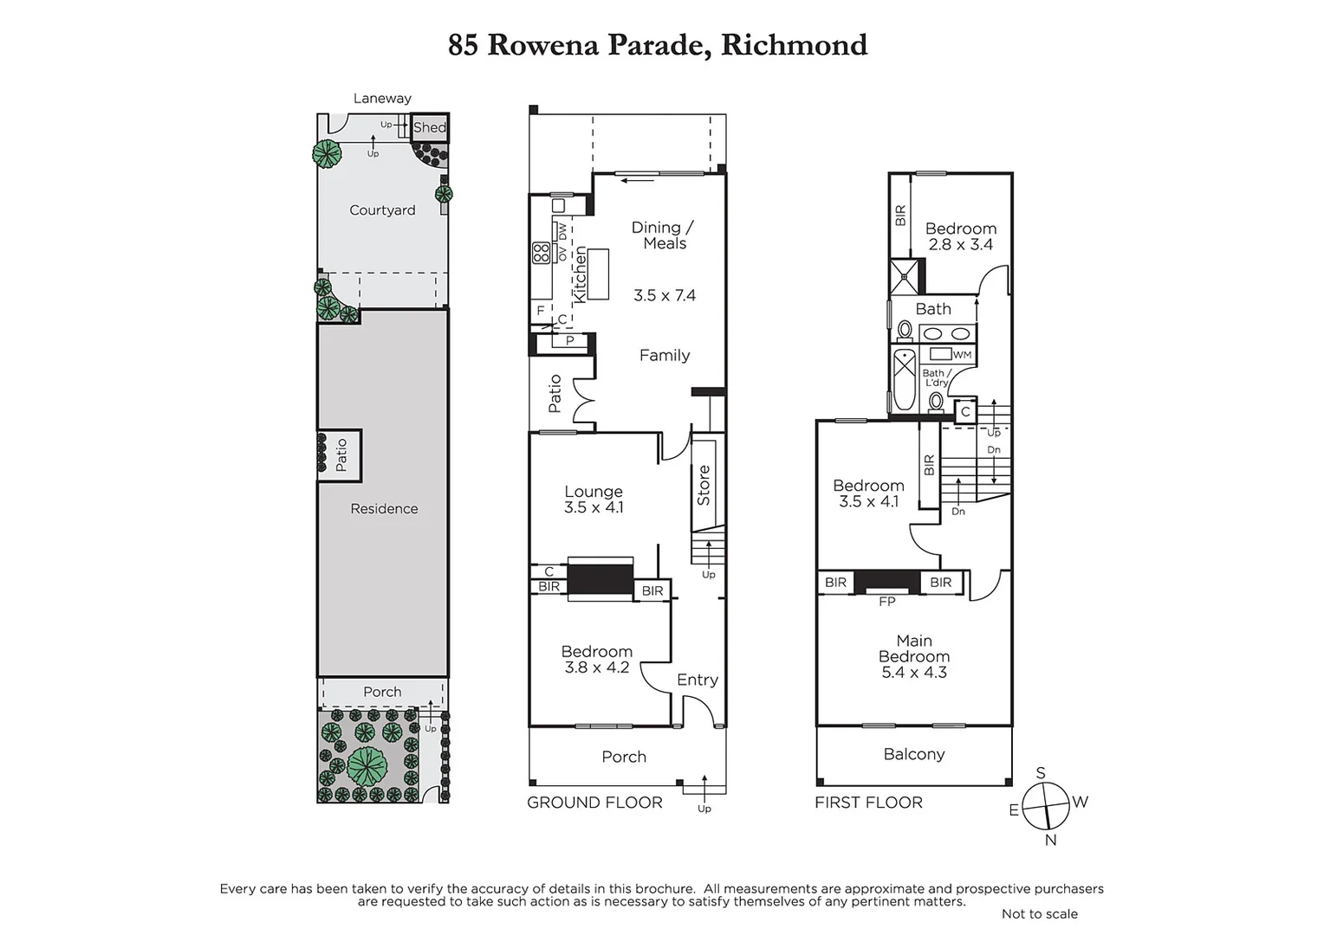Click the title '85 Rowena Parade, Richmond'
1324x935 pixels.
coord(657,45)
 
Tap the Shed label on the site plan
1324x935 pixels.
coord(429,128)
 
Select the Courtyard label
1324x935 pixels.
coord(382,210)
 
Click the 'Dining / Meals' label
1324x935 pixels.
coord(663,235)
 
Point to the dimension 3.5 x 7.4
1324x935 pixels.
coord(665,295)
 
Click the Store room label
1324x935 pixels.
coord(704,485)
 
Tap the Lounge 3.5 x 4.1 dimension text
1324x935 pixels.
coord(594,508)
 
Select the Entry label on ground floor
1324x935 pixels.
coord(698,680)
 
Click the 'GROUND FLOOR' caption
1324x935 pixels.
coord(594,803)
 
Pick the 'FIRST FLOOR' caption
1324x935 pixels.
coord(868,803)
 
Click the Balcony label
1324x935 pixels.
coord(914,754)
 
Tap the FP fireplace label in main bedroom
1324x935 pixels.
coord(886,602)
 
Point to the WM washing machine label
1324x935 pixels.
coord(962,355)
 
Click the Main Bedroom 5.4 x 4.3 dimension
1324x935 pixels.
coord(914,673)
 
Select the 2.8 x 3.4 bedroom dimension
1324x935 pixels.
coord(960,245)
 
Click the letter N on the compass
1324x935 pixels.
coord(1050,840)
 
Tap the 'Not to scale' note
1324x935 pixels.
coord(1039,914)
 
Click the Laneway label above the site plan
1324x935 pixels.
coord(382,99)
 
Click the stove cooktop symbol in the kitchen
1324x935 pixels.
coord(541,253)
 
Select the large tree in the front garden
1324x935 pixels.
coord(367,764)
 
